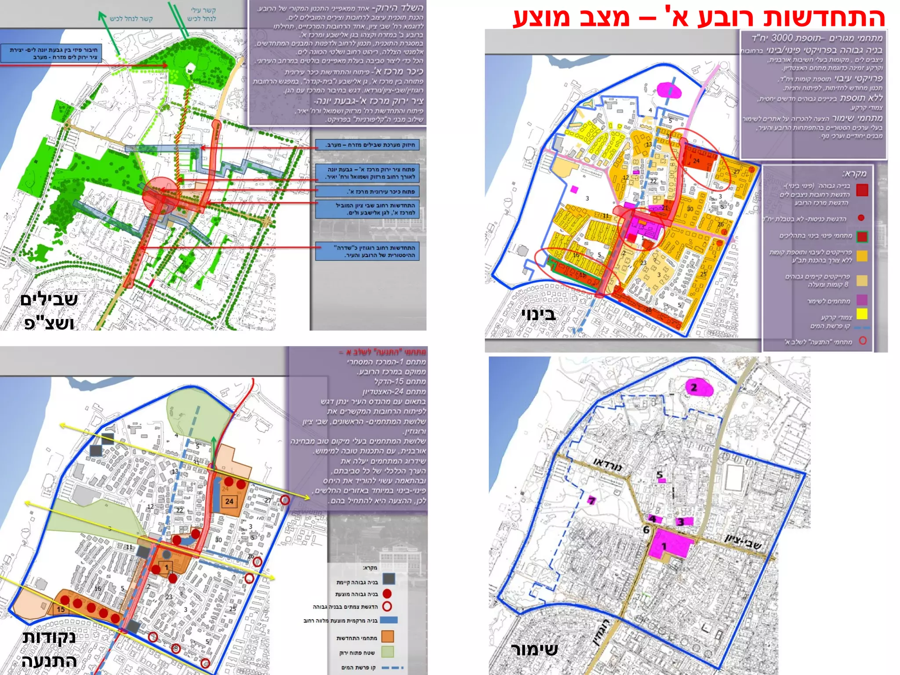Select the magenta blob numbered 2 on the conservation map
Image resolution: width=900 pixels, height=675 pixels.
click(x=699, y=388)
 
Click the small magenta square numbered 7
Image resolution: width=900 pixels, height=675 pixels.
click(x=592, y=501)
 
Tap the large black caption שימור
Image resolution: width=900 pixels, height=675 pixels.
click(x=534, y=649)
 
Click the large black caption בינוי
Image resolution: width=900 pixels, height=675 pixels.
click(x=539, y=314)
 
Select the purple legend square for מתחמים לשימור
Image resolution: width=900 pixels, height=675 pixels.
click(x=862, y=300)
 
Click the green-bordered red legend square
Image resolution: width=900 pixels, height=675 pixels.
click(x=862, y=236)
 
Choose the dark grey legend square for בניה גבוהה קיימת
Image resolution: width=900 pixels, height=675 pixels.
click(x=388, y=579)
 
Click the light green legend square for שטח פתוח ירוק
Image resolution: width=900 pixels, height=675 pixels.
click(x=387, y=652)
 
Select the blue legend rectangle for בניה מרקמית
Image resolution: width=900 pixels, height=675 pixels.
click(x=388, y=620)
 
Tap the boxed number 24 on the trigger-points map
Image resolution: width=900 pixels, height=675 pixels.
click(x=229, y=501)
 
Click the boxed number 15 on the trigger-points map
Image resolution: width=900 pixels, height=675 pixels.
click(x=61, y=609)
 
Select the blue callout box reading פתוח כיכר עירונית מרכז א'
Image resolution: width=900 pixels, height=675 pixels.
click(x=367, y=192)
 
